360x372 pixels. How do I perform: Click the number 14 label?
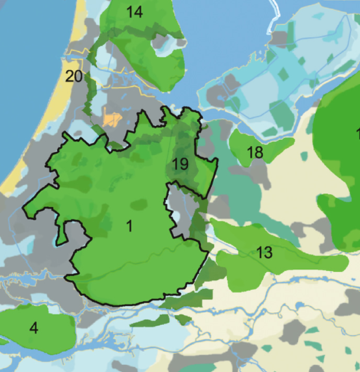pyautogui.click(x=135, y=12)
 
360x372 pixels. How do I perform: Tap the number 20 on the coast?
pyautogui.click(x=73, y=76)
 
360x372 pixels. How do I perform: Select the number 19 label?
pyautogui.click(x=181, y=164)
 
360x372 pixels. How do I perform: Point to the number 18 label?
pyautogui.click(x=255, y=153)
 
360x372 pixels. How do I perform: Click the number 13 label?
pyautogui.click(x=264, y=252)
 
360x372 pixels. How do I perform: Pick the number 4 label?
pyautogui.click(x=33, y=328)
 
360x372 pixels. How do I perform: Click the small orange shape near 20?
pyautogui.click(x=112, y=120)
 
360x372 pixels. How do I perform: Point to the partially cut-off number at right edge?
pyautogui.click(x=357, y=133)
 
